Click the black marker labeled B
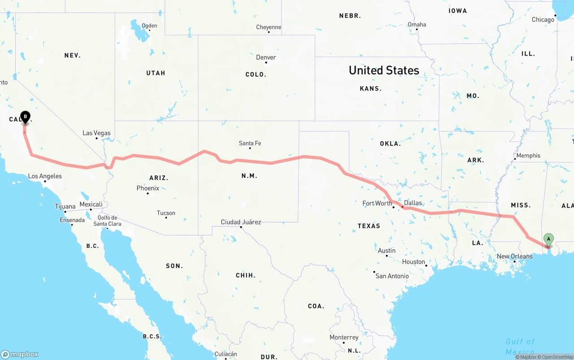click(x=26, y=117)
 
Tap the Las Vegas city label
click(x=96, y=133)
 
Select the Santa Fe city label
click(x=250, y=143)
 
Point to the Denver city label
click(x=266, y=57)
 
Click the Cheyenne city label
click(x=269, y=27)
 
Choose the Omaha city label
click(x=417, y=25)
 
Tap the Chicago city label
click(x=543, y=20)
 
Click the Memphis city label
click(x=528, y=156)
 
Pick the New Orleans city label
click(x=514, y=256)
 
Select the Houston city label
click(x=413, y=262)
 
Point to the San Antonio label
click(x=392, y=276)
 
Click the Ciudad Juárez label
click(x=241, y=222)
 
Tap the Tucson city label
click(x=166, y=213)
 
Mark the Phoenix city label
click(x=148, y=188)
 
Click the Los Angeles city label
click(x=45, y=176)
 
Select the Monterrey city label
click(x=344, y=338)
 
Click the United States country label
click(x=384, y=70)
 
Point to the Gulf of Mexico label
click(x=520, y=347)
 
